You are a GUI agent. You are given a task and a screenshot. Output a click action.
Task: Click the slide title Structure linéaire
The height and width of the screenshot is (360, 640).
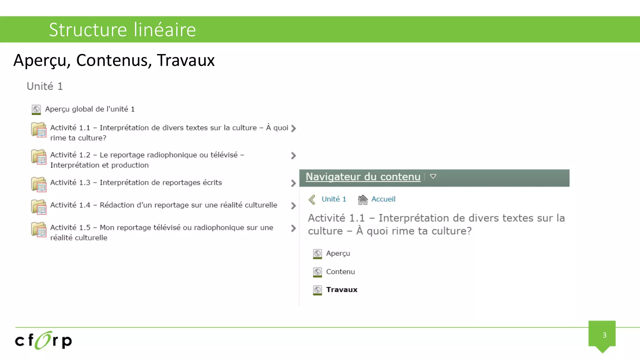[x=122, y=30]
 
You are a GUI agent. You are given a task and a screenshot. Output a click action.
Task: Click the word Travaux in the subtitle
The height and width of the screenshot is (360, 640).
[x=186, y=60]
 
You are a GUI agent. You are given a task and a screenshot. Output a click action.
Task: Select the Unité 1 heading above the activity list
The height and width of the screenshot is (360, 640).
[x=45, y=86]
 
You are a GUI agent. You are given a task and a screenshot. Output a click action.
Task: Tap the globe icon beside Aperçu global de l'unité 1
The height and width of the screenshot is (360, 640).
[x=36, y=109]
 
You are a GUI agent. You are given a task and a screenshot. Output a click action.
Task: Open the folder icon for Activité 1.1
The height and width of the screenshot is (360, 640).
[x=39, y=130]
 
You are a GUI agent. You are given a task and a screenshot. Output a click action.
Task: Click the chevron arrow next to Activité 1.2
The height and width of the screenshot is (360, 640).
[x=293, y=156]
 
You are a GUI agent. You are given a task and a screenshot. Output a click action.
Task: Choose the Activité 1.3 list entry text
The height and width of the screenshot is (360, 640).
[x=136, y=182]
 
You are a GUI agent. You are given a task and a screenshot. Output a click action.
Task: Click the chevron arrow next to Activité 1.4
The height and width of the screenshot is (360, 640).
[x=293, y=206]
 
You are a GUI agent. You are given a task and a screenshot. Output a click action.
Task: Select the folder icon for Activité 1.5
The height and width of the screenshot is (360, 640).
[x=39, y=229]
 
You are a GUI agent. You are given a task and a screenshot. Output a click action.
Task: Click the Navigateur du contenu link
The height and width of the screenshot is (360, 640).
[x=363, y=177]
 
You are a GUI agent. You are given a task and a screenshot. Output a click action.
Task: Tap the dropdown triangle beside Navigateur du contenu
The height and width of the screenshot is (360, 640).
[x=433, y=177]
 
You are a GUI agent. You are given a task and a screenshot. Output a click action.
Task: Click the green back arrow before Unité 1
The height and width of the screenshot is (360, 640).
[x=312, y=199]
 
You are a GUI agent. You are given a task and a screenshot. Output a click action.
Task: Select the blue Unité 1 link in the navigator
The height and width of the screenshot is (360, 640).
[x=334, y=199]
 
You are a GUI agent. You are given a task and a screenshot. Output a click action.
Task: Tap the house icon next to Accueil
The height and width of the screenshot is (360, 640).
[x=362, y=199]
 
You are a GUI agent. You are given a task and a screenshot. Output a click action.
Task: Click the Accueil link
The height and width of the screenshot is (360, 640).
[x=383, y=199]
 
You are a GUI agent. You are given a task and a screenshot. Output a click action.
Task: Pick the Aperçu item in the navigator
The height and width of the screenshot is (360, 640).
[x=338, y=253]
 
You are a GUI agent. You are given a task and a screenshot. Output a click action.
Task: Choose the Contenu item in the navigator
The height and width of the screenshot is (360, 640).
[x=340, y=272]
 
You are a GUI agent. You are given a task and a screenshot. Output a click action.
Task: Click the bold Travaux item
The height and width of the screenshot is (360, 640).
[x=342, y=290]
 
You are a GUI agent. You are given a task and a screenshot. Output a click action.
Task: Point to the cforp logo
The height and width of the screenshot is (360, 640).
[x=43, y=340]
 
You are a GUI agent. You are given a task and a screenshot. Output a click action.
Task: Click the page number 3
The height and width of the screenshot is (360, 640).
[x=604, y=335]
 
